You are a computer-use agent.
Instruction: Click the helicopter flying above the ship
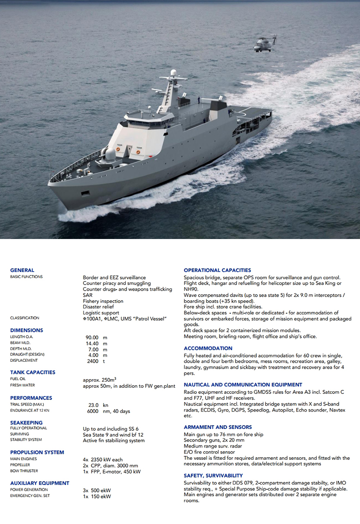click(264, 44)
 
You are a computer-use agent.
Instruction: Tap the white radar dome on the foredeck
click(111, 154)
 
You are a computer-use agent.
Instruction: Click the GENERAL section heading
click(22, 270)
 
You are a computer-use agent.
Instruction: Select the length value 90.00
click(92, 337)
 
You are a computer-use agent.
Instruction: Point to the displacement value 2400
click(92, 361)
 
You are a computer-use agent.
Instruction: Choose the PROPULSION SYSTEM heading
click(37, 452)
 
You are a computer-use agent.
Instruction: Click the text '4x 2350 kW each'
click(103, 459)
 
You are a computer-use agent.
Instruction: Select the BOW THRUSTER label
click(24, 471)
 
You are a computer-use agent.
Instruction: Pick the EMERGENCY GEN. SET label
click(30, 496)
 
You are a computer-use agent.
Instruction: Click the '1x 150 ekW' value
click(97, 496)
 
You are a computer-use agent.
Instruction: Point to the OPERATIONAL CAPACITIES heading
click(217, 270)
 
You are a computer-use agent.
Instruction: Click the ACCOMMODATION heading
click(208, 348)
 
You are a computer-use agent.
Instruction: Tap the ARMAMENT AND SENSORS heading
click(218, 427)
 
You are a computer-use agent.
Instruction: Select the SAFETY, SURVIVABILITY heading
click(213, 475)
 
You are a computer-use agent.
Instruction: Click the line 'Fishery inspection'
click(103, 301)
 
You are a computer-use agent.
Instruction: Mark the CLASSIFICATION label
click(25, 318)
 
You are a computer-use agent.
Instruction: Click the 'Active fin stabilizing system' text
click(114, 441)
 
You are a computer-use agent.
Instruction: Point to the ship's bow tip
click(49, 184)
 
